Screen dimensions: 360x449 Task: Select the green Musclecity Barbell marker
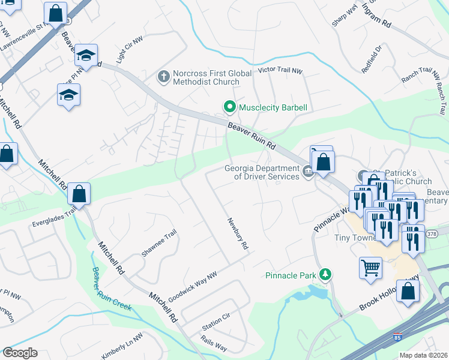229,107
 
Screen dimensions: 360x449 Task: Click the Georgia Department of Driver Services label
262,172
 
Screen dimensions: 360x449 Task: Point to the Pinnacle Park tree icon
326,274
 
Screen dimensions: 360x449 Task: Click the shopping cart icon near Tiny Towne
370,267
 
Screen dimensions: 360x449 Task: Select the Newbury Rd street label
237,233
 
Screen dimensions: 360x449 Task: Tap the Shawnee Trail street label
158,243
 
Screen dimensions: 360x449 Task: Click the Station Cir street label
216,325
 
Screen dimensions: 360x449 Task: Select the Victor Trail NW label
280,70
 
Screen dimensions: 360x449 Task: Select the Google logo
20,353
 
